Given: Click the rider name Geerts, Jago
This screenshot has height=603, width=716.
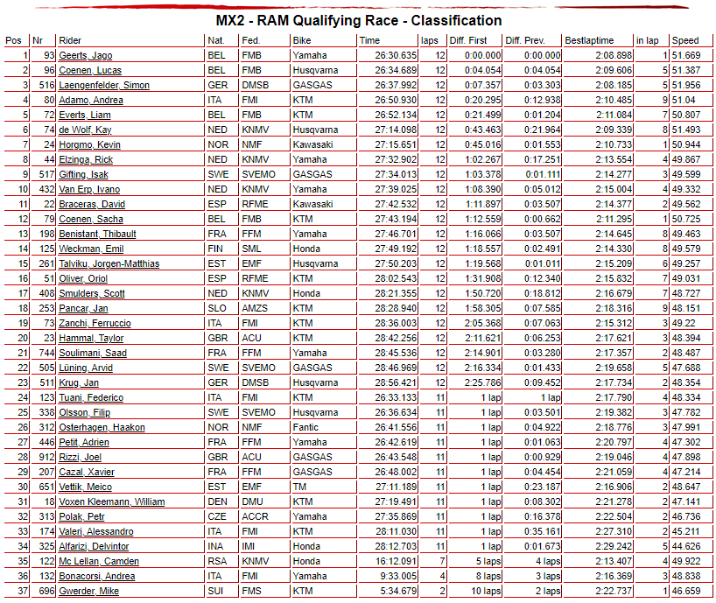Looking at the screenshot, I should tap(85, 55).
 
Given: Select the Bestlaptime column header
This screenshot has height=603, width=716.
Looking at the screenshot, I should tap(589, 40).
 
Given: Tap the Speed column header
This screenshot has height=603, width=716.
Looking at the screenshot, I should tap(685, 40).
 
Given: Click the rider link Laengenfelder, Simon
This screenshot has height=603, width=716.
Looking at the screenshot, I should tap(103, 85).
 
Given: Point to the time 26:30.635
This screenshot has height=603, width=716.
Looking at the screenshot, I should tap(396, 55).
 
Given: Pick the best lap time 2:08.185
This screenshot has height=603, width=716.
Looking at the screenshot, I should tap(612, 85).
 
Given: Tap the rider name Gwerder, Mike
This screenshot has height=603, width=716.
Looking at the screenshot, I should tap(88, 591).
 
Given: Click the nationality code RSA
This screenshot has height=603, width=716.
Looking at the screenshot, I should tap(216, 561).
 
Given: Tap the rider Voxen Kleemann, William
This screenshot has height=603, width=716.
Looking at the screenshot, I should tap(111, 501).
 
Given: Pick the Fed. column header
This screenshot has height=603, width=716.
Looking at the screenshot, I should tap(249, 40).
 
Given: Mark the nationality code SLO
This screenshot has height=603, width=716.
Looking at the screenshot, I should tap(216, 308).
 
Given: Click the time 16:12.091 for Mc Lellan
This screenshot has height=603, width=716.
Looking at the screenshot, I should tap(396, 561).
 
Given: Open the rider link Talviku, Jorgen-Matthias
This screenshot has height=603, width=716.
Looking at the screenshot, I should tap(109, 263).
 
